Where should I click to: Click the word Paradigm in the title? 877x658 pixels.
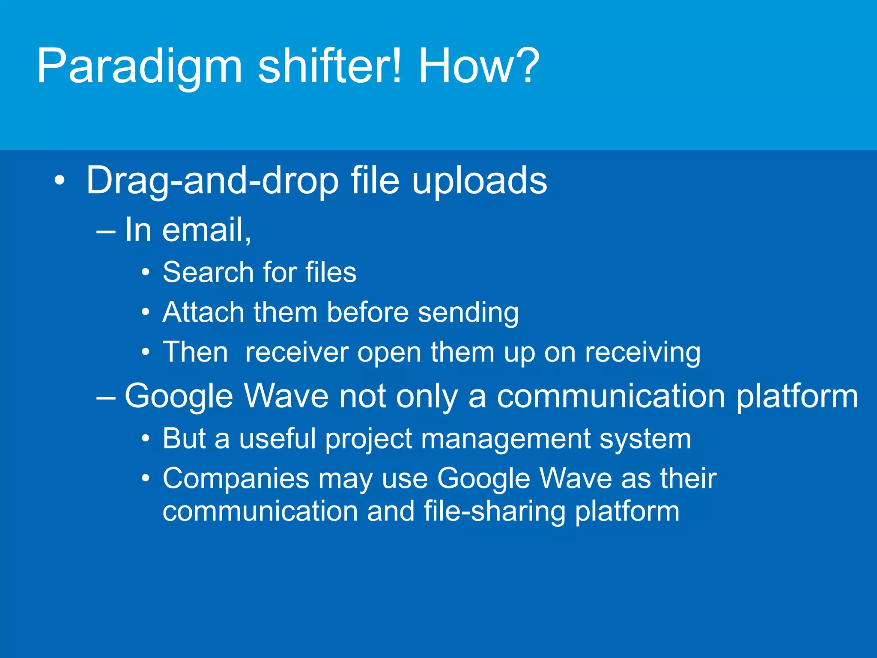[140, 67]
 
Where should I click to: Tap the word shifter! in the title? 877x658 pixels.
[330, 66]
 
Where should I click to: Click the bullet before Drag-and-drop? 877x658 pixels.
[60, 181]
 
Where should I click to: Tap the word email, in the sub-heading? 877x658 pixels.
[206, 230]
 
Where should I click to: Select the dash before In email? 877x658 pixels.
[106, 232]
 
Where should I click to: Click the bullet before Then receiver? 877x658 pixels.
[146, 353]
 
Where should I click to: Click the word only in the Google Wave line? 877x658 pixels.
[427, 397]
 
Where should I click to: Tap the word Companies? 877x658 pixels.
[236, 479]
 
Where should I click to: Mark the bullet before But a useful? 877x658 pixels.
[146, 439]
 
